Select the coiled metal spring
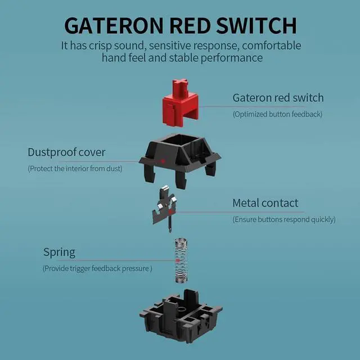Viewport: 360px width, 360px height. (180, 259)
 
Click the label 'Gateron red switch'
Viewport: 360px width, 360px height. (278, 98)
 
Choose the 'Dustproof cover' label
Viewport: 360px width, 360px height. (66, 152)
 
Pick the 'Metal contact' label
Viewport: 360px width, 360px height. (265, 203)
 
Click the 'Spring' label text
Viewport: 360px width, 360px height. (59, 252)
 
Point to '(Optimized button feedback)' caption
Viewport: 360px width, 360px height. (277, 114)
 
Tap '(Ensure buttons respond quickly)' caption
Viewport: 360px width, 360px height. (284, 219)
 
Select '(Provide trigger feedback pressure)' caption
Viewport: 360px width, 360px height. (97, 268)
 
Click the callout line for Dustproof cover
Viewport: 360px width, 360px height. (135, 159)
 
